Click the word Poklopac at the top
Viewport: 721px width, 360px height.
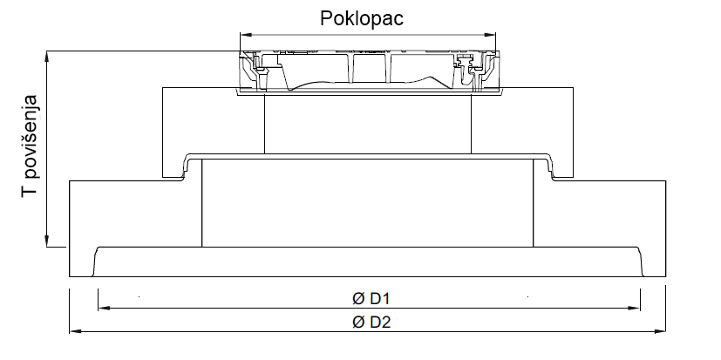(x=361, y=19)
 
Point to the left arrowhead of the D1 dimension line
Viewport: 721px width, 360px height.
(x=102, y=308)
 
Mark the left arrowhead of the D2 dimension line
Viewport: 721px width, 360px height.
(x=73, y=331)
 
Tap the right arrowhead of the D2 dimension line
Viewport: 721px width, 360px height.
(x=667, y=331)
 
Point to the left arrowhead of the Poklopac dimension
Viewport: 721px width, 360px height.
(x=244, y=35)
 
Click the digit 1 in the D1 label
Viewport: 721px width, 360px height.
(x=384, y=298)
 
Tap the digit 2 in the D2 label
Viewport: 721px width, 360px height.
(x=384, y=322)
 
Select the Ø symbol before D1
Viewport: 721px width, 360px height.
(x=357, y=298)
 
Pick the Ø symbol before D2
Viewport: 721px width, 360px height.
(x=357, y=322)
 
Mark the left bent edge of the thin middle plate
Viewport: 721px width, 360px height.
(x=185, y=166)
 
